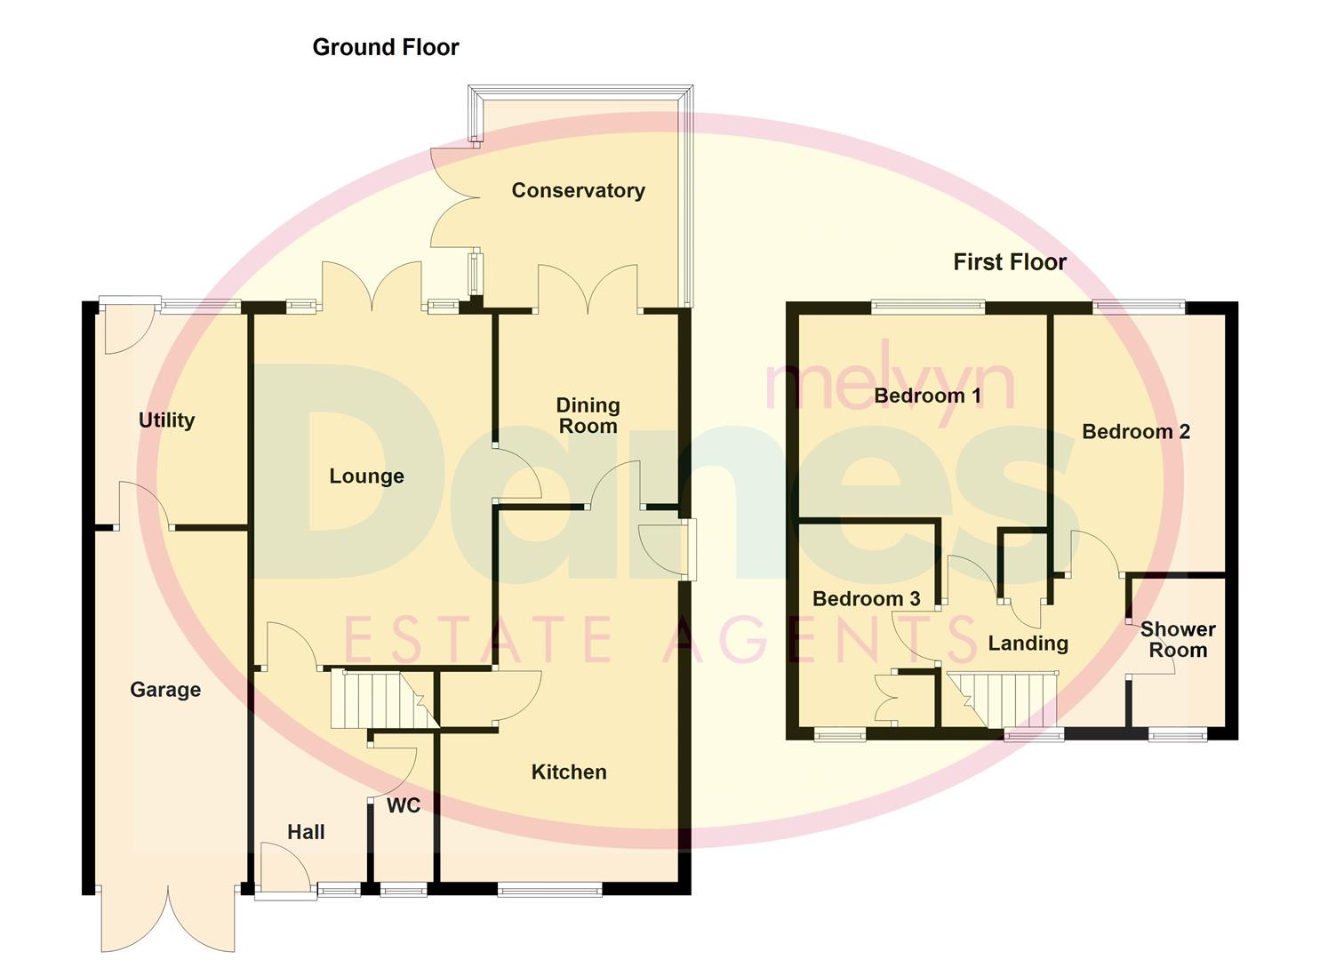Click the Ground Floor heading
pos(385,47)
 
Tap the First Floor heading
pos(1009,262)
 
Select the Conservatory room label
pos(578,190)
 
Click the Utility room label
pos(166,420)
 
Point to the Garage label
pos(165,690)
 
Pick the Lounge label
pos(366,476)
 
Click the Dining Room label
pos(588,416)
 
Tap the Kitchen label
pos(569,772)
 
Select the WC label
pos(404,806)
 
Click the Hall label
pos(306,833)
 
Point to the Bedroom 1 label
pos(927,396)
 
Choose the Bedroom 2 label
pos(1135,432)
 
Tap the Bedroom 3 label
pos(866,599)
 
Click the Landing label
pos(1028,644)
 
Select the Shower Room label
pos(1177,640)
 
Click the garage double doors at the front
pos(167,916)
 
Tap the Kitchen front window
pos(549,888)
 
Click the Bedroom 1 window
pos(928,308)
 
